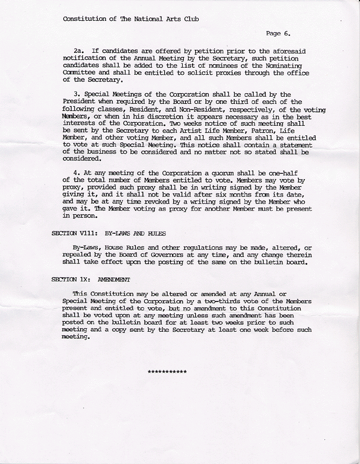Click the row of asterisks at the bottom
(x=167, y=371)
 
